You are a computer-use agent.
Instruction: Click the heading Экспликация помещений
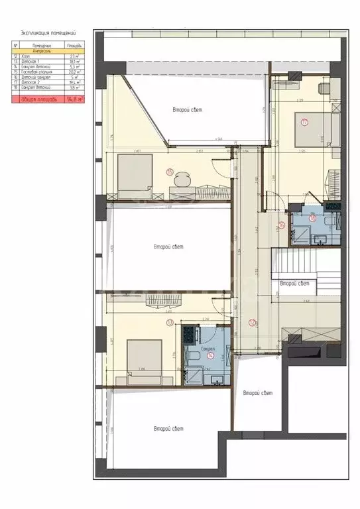[48, 31]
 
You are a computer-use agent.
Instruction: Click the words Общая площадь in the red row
[37, 99]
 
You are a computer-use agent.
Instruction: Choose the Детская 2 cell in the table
[33, 82]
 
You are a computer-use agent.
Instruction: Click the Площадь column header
[74, 45]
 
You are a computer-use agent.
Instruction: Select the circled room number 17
[304, 122]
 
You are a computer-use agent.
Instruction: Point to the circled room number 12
[253, 323]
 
